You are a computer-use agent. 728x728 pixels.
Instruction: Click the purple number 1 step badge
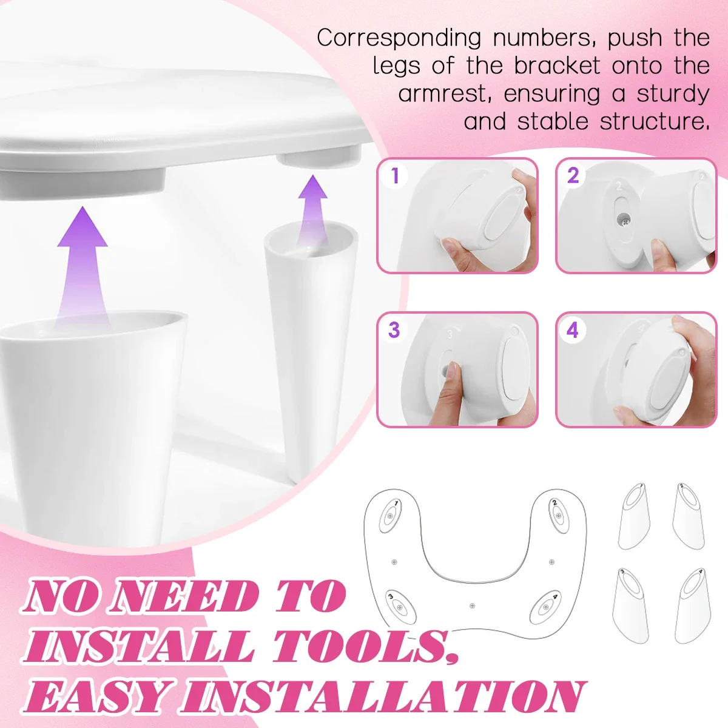click(x=395, y=176)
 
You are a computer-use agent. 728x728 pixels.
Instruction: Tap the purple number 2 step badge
click(x=573, y=176)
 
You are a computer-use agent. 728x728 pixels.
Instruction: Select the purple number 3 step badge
click(x=394, y=330)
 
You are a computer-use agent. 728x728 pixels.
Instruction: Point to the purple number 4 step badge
click(x=572, y=330)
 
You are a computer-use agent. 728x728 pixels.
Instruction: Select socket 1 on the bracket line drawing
click(x=389, y=517)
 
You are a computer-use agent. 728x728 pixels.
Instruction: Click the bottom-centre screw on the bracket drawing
click(x=473, y=605)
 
